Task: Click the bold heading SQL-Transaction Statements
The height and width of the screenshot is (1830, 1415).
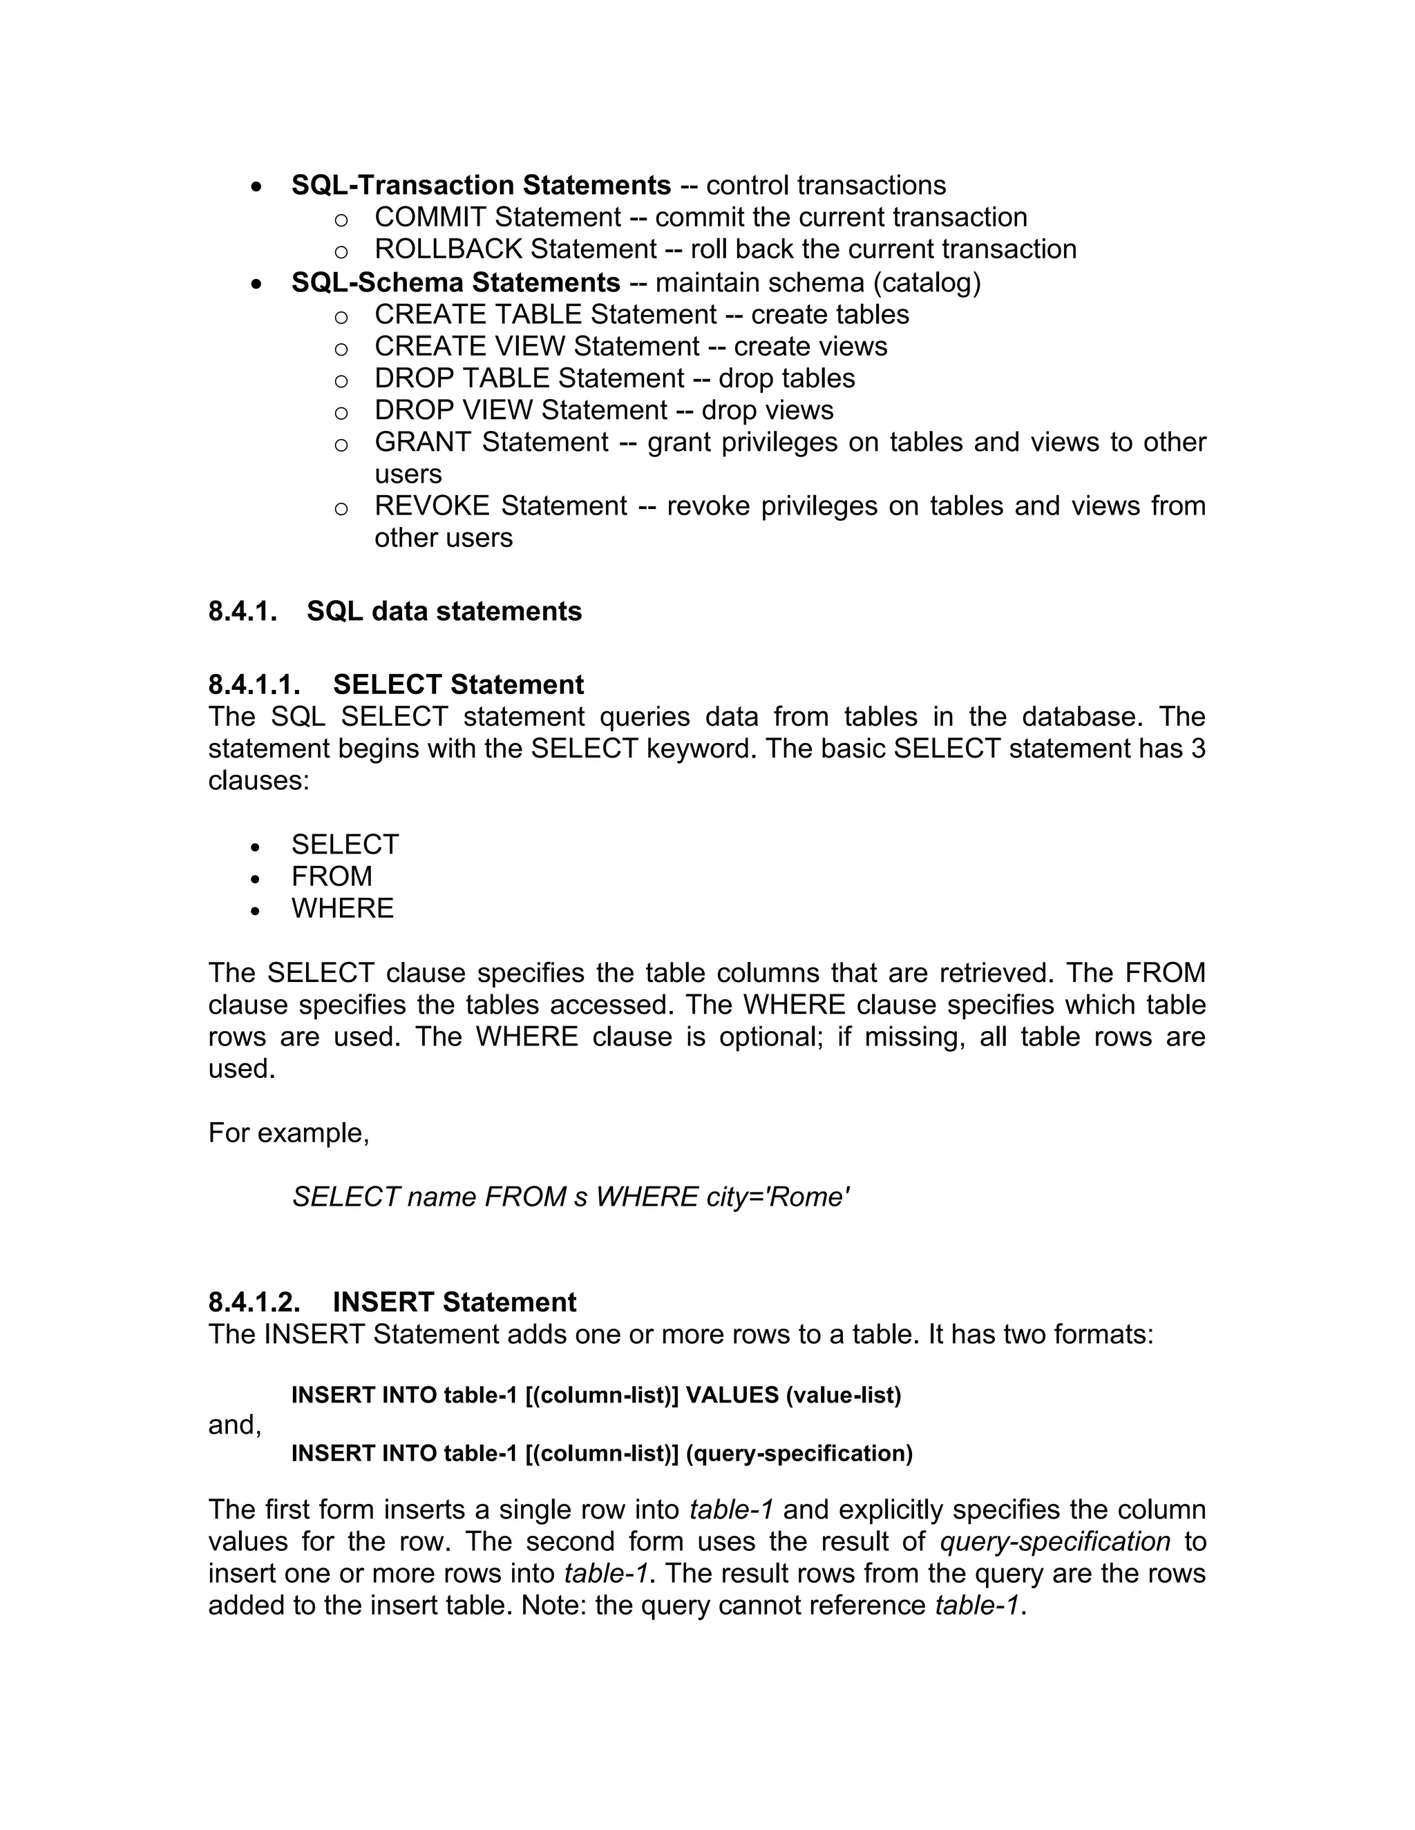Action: [x=480, y=185]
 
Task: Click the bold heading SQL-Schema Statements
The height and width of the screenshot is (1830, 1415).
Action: [x=455, y=282]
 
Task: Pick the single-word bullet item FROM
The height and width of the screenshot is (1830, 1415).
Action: [x=332, y=876]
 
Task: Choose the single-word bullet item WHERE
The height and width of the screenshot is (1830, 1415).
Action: [x=342, y=908]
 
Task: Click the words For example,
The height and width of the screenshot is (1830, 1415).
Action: [x=288, y=1133]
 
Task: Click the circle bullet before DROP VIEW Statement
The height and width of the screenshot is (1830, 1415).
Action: [x=341, y=412]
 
